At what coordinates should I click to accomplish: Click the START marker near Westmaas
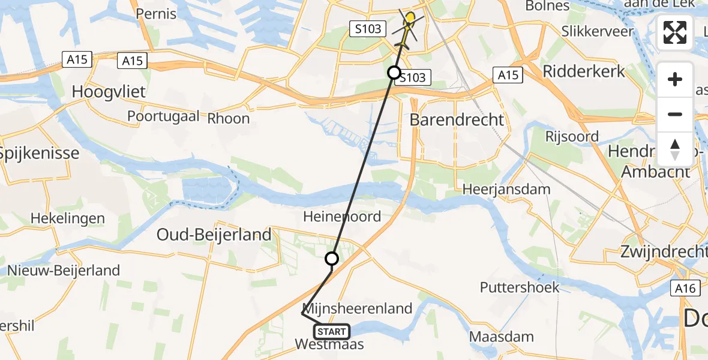[331, 332]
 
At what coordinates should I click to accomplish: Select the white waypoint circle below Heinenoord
[332, 259]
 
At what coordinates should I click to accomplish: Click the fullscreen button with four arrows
[675, 32]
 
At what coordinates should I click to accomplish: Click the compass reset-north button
[675, 149]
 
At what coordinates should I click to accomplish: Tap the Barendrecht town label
[457, 119]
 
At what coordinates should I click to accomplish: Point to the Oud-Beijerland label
[214, 235]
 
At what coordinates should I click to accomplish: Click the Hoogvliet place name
[109, 92]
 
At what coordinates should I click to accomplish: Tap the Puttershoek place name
[520, 287]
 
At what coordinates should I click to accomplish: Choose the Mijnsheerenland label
[358, 309]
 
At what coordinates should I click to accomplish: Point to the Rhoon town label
[229, 118]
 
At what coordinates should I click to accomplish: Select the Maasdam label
[502, 337]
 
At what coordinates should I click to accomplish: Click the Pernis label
[156, 13]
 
